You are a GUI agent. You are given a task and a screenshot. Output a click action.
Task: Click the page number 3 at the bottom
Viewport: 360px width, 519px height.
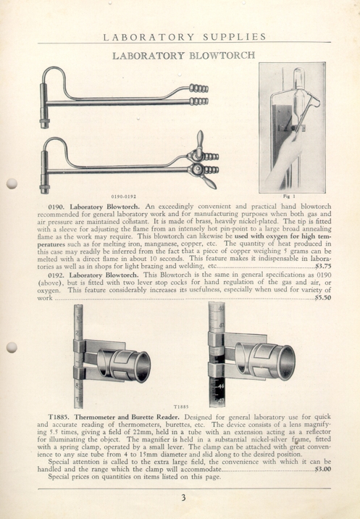pyautogui.click(x=184, y=497)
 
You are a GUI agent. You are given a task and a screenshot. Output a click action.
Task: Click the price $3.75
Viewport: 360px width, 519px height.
pyautogui.click(x=323, y=266)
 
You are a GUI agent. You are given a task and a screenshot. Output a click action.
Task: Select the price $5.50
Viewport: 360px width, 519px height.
pyautogui.click(x=323, y=298)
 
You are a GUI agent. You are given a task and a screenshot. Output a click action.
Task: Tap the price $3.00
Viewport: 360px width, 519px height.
pyautogui.click(x=323, y=469)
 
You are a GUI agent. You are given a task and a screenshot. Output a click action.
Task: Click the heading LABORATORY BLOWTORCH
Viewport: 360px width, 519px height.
pyautogui.click(x=184, y=55)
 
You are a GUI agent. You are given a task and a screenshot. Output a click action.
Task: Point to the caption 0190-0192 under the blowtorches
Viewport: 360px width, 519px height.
pyautogui.click(x=124, y=196)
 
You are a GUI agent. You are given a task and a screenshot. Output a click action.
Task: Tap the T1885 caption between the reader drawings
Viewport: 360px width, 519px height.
pyautogui.click(x=181, y=407)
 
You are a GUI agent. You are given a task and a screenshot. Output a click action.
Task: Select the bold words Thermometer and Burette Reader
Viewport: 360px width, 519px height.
pyautogui.click(x=127, y=417)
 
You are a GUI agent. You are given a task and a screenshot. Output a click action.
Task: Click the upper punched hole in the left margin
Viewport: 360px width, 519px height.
pyautogui.click(x=12, y=183)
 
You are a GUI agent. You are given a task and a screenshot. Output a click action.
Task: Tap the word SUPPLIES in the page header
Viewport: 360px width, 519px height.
pyautogui.click(x=234, y=37)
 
